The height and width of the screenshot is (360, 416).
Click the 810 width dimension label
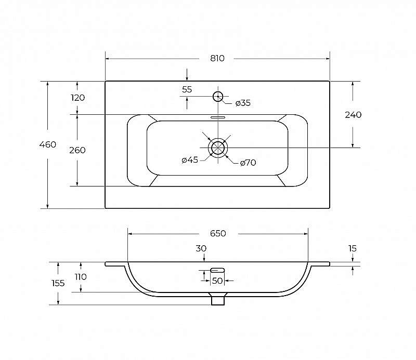point(217,58)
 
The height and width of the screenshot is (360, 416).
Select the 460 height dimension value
point(48,144)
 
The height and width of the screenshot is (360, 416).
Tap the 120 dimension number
point(77,98)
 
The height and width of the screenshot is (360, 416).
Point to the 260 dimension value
point(77,150)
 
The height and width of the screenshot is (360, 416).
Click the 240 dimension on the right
point(353,115)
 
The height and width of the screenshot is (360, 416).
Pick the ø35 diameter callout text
point(243,103)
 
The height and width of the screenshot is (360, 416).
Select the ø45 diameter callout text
point(190,160)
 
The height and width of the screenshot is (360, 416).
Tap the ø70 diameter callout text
point(248,163)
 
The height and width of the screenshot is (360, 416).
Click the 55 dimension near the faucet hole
point(187,89)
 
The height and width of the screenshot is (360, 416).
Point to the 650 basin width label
point(218,234)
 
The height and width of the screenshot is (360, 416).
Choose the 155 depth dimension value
point(58,284)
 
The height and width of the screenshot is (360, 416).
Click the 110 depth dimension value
point(81,277)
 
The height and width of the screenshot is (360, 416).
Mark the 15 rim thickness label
point(353,249)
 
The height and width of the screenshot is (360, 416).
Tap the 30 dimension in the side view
point(201,249)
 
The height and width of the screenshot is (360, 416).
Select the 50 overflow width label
point(217,281)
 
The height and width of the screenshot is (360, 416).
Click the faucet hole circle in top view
point(218,91)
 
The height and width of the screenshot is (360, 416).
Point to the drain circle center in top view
point(218,148)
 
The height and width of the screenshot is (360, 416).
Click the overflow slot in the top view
point(218,117)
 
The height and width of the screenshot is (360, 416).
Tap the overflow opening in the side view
point(217,270)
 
